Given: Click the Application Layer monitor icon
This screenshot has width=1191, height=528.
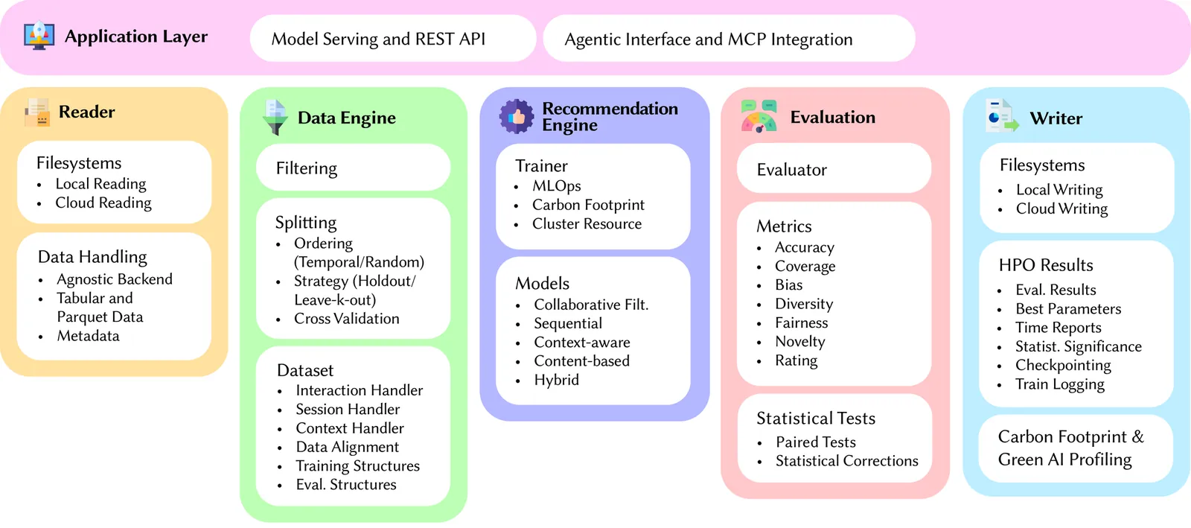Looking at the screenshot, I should coord(39,36).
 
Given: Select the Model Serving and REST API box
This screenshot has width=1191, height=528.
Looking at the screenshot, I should coord(392,39).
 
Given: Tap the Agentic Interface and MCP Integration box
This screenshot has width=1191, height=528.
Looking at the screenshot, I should coord(728,39).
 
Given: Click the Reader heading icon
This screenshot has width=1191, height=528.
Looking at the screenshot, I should coord(36,112).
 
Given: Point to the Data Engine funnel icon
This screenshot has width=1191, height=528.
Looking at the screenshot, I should coord(275,118).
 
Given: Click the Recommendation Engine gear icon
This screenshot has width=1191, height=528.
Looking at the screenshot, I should coord(517,117).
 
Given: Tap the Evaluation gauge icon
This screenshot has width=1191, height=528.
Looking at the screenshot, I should coord(759,117).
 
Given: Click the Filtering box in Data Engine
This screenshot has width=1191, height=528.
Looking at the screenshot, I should coord(353,168).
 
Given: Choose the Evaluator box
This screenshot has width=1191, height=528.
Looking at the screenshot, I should coord(834,170).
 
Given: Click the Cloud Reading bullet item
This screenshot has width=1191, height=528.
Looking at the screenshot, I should coord(103,203).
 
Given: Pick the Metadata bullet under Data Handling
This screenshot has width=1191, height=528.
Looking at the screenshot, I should coord(88,336).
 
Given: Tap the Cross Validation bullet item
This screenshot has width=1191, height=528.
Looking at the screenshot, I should coord(346,319).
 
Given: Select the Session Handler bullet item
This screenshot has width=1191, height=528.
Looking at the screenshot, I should coord(348,410).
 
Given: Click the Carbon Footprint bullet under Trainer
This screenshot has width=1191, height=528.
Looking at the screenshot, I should coord(588,205).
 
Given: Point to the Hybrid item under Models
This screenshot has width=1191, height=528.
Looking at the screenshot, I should coord(556,380).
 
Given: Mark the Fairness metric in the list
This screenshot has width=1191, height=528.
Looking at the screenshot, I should coord(801,323).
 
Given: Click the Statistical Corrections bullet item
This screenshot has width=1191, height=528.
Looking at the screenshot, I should coord(846,461).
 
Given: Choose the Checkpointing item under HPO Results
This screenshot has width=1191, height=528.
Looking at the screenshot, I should coord(1063,366).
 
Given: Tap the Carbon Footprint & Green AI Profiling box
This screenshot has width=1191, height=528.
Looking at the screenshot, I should coord(1075,448).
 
